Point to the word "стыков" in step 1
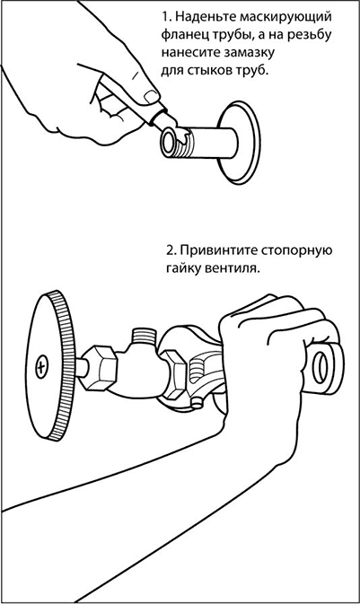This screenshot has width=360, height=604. pyautogui.click(x=207, y=71)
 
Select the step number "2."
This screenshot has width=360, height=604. pyautogui.click(x=171, y=251)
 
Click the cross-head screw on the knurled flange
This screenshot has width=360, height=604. pyautogui.click(x=41, y=367)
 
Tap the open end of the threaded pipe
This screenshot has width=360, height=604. pyautogui.click(x=169, y=143)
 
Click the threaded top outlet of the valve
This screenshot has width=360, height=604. pyautogui.click(x=144, y=337)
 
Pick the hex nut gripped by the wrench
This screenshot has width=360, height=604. pyautogui.click(x=173, y=374)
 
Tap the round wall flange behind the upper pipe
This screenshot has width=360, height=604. pyautogui.click(x=238, y=143)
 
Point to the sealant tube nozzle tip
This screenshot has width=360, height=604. pyautogui.click(x=167, y=119)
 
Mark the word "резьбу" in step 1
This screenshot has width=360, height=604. pyautogui.click(x=310, y=35)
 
